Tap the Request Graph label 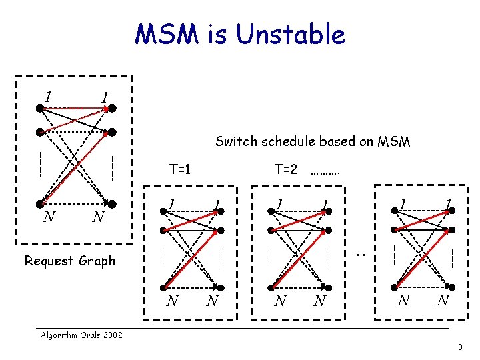[69, 261]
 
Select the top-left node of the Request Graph [41, 107]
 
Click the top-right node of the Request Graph [113, 107]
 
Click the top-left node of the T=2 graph [270, 211]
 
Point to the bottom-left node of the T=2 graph [270, 285]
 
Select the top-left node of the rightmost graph [394, 211]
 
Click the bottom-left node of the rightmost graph [394, 285]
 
